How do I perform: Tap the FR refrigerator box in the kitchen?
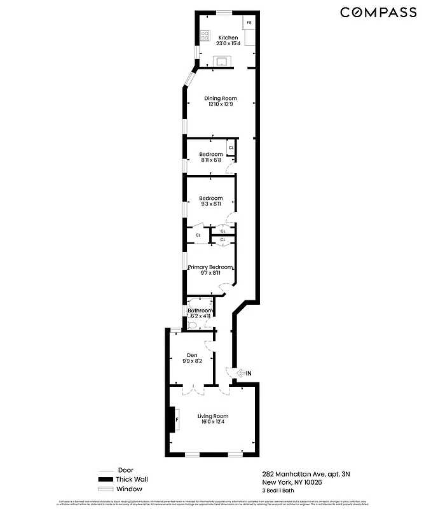point(249,24)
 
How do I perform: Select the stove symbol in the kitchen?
point(205,36)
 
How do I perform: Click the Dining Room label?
point(221,98)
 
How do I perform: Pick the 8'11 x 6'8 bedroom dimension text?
point(210,160)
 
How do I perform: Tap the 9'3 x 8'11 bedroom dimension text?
point(211,204)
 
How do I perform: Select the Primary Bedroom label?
point(210,267)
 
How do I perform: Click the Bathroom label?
point(200,310)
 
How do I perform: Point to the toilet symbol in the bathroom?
point(193,324)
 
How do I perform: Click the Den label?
point(193,355)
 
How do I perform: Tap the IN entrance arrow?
point(243,373)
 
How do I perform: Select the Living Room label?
point(212,416)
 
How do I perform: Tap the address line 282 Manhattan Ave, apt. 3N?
point(305,474)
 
